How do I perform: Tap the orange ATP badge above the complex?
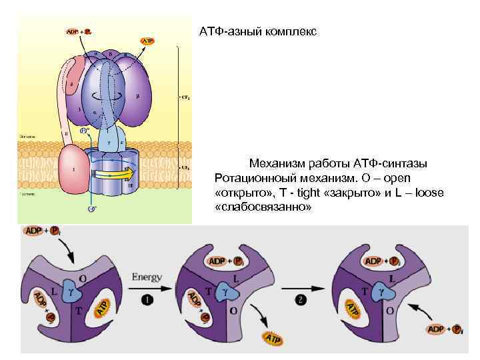(x=148, y=41)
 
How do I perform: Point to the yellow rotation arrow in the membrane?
(x=113, y=177)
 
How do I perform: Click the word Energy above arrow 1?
(x=147, y=275)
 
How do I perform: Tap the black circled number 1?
(x=148, y=300)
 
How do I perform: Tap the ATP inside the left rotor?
(x=101, y=307)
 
